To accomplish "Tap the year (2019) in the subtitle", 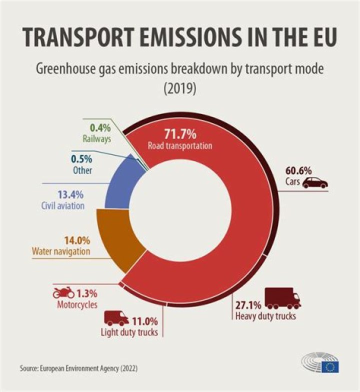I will click(179, 88).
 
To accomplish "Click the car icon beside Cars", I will click(315, 182).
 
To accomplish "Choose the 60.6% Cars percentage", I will click(299, 170).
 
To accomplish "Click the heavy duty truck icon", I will click(283, 298).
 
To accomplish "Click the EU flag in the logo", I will click(329, 366).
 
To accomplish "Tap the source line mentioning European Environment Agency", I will click(78, 368).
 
